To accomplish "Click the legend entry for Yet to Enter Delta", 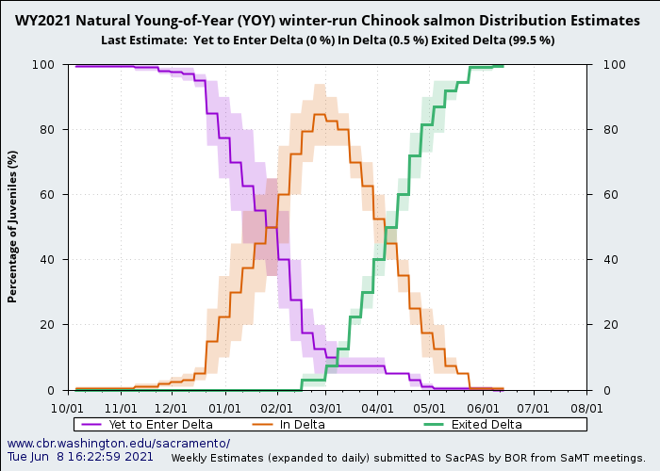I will tap(160, 425).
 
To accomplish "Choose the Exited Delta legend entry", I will tap(486, 425).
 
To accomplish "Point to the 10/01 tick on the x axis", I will tap(69, 409).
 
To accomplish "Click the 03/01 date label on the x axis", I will tap(326, 409).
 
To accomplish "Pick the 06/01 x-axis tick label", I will tap(483, 409).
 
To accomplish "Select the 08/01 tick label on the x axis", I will tap(586, 409).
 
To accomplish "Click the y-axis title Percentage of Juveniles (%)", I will tap(13, 226).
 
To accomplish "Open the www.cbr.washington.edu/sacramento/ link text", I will tap(118, 443).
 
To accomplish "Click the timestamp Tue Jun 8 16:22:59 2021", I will tap(80, 457).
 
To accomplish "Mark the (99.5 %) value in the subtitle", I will tap(530, 41).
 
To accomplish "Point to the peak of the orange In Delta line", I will tap(320, 114).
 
